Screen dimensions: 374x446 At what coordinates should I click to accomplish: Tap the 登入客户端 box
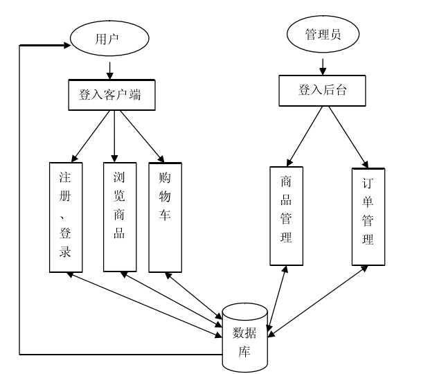[111, 96]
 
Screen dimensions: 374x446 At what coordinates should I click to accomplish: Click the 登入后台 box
[322, 91]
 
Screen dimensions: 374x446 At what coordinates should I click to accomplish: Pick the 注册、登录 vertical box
[66, 217]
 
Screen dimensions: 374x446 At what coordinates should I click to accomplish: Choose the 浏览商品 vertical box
[118, 216]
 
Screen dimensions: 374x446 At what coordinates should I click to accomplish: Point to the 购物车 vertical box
[165, 217]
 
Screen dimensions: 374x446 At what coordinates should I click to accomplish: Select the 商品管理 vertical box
[286, 215]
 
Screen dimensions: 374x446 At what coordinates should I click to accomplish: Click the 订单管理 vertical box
[368, 215]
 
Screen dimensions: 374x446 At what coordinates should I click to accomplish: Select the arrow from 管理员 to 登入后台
[322, 66]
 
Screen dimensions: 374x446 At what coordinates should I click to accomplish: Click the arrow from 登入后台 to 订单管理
[347, 136]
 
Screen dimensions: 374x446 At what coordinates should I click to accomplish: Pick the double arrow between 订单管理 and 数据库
[317, 302]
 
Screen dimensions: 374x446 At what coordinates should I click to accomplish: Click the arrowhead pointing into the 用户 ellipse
[67, 45]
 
